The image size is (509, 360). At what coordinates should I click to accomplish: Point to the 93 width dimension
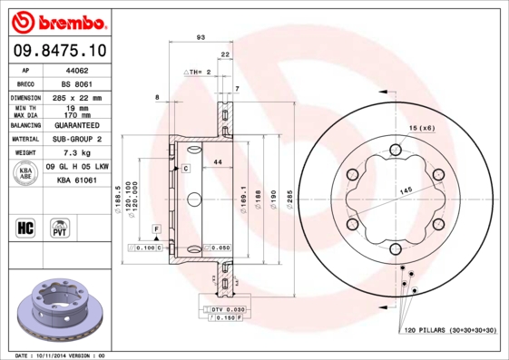coord(200,38)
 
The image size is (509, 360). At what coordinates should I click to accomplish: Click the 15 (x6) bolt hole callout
coord(422,127)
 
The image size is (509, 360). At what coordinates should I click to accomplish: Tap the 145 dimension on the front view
coord(403,189)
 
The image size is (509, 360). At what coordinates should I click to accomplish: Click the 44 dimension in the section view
coord(217,161)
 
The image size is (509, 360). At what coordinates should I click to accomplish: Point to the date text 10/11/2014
coord(60,355)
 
